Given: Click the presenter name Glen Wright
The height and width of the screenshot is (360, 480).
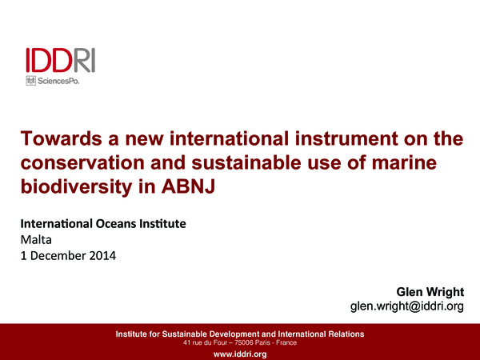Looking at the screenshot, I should (430, 291).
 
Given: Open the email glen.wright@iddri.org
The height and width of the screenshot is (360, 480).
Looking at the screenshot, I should (407, 307).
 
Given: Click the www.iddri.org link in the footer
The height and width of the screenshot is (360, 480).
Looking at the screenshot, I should (240, 354).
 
